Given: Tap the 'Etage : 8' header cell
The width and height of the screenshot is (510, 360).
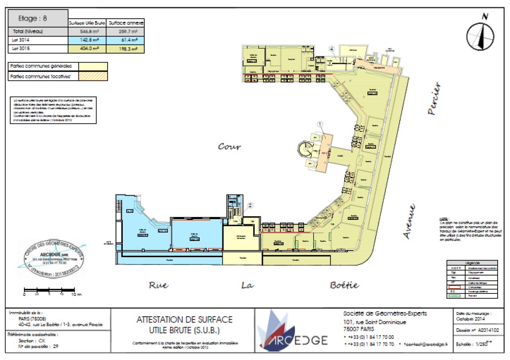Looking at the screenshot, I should [38, 18].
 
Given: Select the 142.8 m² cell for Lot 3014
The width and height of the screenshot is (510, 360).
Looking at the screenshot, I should [88, 40].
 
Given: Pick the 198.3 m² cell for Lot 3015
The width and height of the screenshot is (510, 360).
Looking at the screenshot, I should [127, 49].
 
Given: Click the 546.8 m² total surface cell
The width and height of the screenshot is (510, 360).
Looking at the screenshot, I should [88, 31].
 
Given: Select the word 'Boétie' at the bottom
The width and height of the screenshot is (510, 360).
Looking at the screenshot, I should [345, 285].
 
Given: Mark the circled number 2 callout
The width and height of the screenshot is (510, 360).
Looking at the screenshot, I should [251, 205].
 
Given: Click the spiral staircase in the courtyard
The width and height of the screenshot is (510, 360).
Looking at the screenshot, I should [306, 151].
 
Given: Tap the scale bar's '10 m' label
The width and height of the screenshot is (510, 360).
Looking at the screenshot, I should [76, 295].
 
